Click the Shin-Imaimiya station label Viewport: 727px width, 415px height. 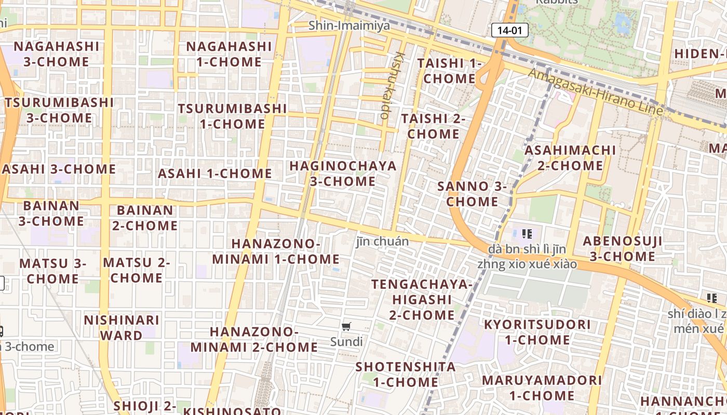click(x=349, y=25)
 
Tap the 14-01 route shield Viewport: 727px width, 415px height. click(x=509, y=30)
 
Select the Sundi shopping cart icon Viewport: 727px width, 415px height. click(x=346, y=326)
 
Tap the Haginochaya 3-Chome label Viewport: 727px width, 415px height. click(x=343, y=174)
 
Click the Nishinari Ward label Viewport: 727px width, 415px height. click(x=122, y=327)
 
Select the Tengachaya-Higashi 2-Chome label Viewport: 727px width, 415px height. click(x=422, y=299)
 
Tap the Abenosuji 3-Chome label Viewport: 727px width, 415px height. click(x=622, y=248)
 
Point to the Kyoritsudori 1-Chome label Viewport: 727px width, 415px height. click(x=537, y=333)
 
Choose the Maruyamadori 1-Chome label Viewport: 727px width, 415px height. click(x=542, y=388)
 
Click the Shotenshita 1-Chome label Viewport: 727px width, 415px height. click(x=406, y=374)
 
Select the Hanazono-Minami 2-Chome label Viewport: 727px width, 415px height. click(x=254, y=339)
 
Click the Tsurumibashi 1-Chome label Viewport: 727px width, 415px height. click(x=232, y=116)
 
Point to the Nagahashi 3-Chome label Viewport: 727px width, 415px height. click(x=56, y=54)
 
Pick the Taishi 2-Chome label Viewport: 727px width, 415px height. click(x=433, y=126)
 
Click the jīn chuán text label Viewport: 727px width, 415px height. click(x=382, y=241)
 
